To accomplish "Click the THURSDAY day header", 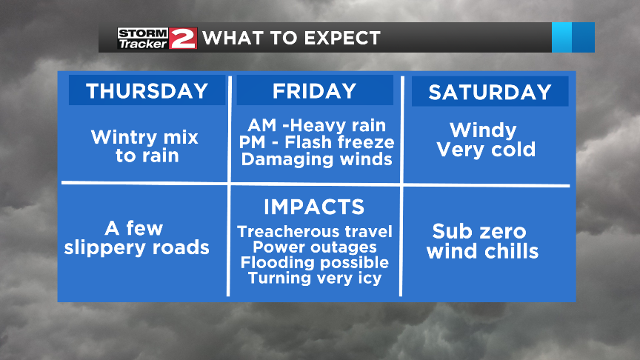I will (147, 90).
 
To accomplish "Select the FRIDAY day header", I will (315, 90).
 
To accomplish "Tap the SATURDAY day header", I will (490, 92).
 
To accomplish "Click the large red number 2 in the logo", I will (183, 38).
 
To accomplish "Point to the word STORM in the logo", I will (143, 32).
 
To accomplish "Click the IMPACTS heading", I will (314, 206).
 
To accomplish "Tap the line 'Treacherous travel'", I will (315, 232).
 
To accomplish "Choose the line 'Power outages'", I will (315, 247).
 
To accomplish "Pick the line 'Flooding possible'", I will (315, 262).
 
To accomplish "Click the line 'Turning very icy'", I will (315, 278).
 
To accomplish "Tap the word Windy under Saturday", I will (483, 130).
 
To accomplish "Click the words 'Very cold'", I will (486, 150).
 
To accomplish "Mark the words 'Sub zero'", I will (479, 231).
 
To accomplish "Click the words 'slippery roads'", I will (137, 247).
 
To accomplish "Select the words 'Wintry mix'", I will (145, 137).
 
